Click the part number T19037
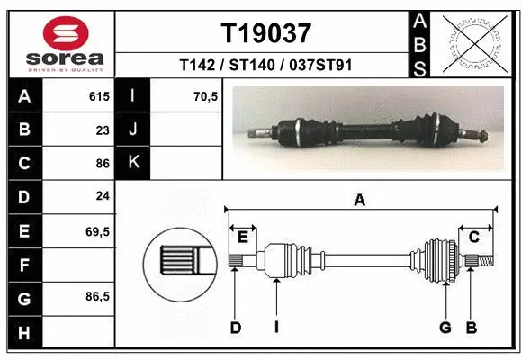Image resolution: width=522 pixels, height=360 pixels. [266, 33]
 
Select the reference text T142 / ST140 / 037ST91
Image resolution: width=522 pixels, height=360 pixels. [266, 65]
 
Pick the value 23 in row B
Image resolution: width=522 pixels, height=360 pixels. [103, 130]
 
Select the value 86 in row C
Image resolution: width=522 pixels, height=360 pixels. [103, 164]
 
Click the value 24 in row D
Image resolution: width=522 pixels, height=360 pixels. [103, 196]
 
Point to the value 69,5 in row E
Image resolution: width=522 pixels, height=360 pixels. [97, 230]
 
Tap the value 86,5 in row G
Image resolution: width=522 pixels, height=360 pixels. [97, 297]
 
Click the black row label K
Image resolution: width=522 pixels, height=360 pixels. [133, 163]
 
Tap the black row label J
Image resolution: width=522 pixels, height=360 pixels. [133, 130]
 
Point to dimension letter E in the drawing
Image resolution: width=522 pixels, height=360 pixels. [243, 237]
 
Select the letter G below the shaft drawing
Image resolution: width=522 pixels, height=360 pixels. [445, 328]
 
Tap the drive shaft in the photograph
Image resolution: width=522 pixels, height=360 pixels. [369, 130]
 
